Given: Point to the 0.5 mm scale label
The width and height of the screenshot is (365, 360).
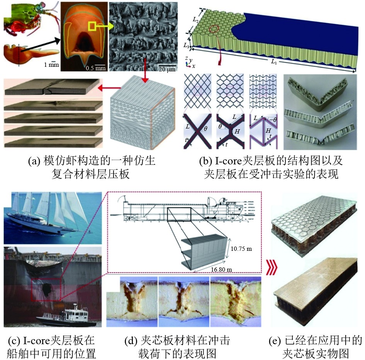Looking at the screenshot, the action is point(95,68).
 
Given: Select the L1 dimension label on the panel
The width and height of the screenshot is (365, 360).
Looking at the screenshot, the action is point(273,61).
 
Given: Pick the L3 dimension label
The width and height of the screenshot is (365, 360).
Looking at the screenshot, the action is point(186,45).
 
